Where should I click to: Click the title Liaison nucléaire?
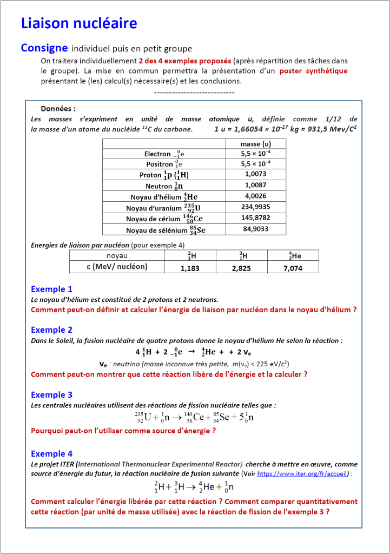[x=79, y=23]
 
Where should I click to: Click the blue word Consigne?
[x=44, y=48]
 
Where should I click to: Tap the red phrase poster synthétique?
[x=314, y=71]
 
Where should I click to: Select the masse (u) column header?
[x=255, y=144]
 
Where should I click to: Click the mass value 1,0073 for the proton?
[x=255, y=174]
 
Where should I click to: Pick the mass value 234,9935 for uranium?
[x=255, y=207]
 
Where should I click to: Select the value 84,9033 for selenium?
[x=255, y=229]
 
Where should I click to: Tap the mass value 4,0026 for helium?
[x=255, y=196]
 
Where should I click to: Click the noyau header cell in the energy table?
[x=117, y=255]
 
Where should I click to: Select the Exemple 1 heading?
[x=51, y=289]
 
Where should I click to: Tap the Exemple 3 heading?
[x=51, y=395]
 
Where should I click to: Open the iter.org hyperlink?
[x=304, y=473]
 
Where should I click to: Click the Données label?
[x=58, y=108]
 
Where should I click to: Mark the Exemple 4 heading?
[x=51, y=454]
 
